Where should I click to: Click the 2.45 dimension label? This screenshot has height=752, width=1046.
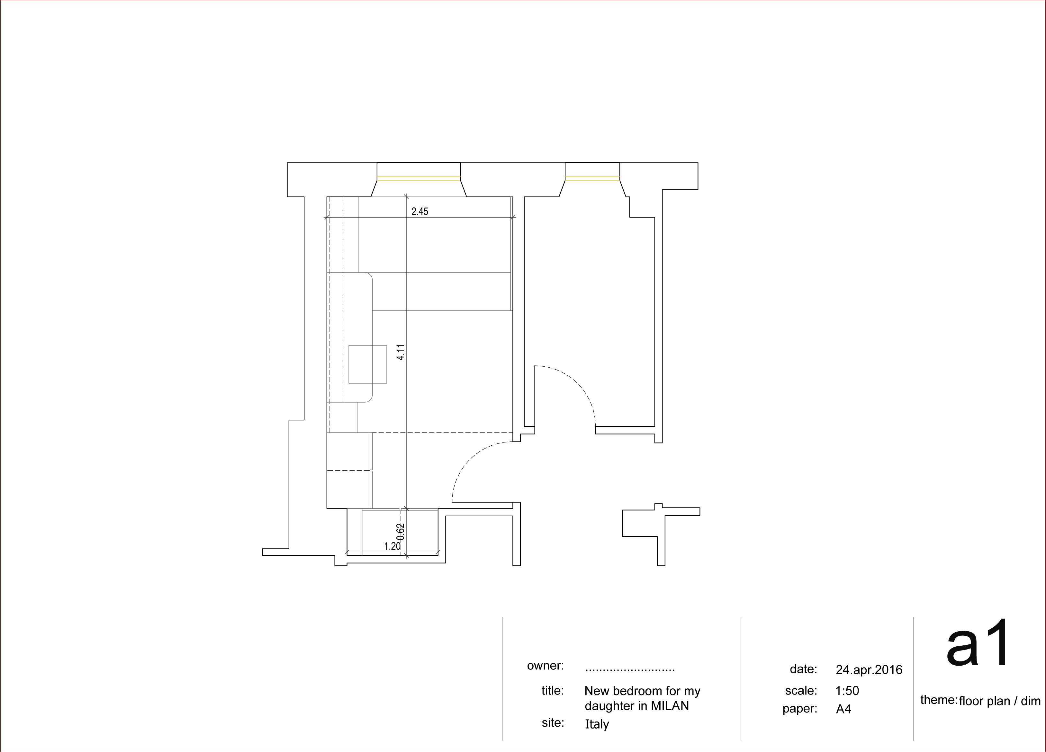[x=420, y=212]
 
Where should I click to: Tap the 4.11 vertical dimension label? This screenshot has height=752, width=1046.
[x=401, y=352]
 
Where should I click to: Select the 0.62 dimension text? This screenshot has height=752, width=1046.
[x=401, y=531]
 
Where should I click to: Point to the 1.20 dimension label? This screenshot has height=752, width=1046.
[x=392, y=546]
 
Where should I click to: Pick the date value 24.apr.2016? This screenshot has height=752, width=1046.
[x=869, y=669]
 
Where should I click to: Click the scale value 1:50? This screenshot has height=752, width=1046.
[x=847, y=690]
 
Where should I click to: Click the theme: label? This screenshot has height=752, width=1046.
[x=939, y=699]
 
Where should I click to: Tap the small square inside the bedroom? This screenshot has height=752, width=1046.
[x=367, y=364]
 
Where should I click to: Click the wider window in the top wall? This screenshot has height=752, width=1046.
[x=419, y=179]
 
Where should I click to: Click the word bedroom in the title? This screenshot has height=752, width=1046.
[x=642, y=691]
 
